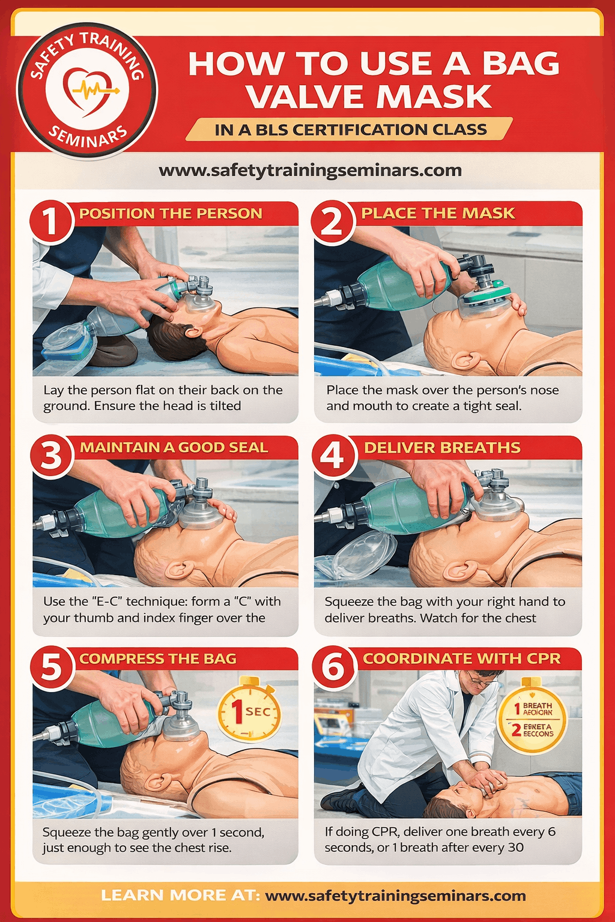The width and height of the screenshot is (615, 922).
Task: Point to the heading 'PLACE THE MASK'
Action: pyautogui.click(x=438, y=213)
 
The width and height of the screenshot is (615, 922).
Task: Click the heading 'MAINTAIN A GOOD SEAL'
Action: pyautogui.click(x=174, y=447)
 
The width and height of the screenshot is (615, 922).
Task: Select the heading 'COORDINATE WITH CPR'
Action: pyautogui.click(x=461, y=658)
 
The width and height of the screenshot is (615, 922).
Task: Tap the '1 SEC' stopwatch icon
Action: pyautogui.click(x=249, y=710)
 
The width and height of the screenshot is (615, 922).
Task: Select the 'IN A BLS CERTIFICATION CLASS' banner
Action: pyautogui.click(x=350, y=130)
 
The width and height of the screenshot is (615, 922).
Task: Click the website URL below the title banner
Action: pyautogui.click(x=310, y=170)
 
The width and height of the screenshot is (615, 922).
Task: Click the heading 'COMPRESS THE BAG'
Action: pyautogui.click(x=158, y=658)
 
